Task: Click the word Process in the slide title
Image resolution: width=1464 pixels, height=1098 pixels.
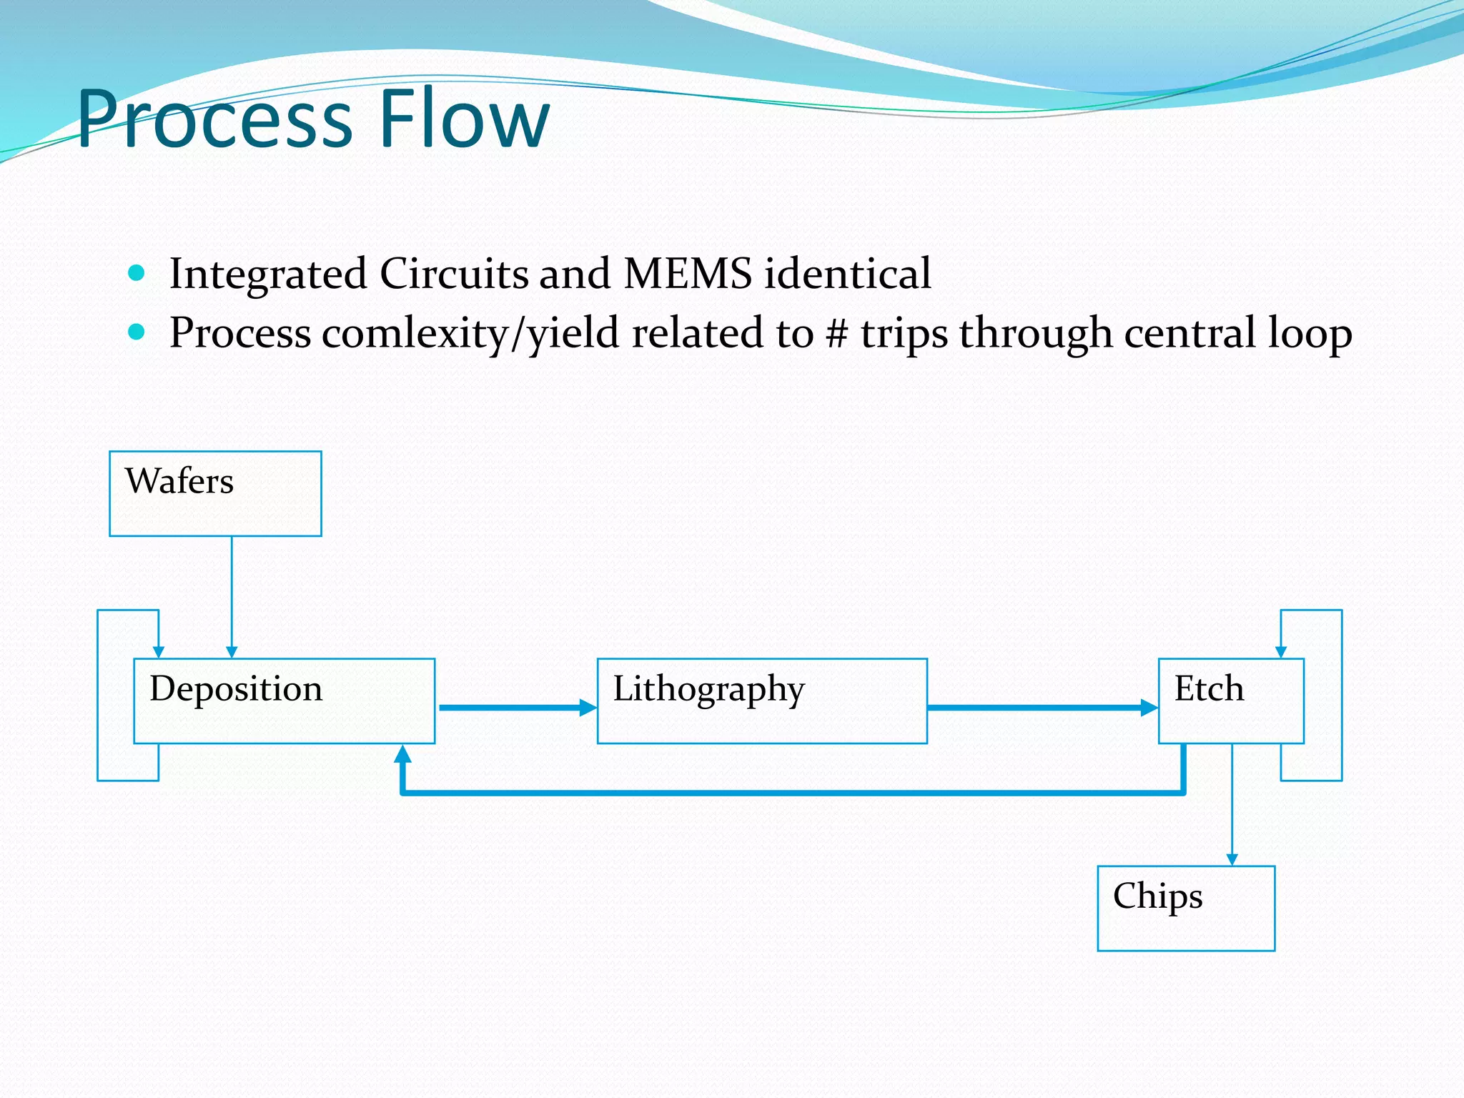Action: (214, 120)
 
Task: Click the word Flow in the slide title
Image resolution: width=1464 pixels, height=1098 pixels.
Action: (464, 119)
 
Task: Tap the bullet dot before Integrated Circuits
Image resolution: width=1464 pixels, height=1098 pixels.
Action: (137, 273)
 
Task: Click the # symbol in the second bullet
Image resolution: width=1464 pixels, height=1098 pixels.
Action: (836, 333)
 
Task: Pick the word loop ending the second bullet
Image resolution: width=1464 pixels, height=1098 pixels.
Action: (1310, 333)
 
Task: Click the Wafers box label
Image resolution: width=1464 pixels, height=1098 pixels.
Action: (179, 481)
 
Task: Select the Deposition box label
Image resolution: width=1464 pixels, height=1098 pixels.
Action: (236, 688)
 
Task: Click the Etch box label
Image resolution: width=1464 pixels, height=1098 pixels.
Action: (1209, 688)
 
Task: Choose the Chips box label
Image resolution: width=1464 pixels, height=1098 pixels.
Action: (1157, 896)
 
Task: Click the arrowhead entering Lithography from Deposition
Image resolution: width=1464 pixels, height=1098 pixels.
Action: (589, 708)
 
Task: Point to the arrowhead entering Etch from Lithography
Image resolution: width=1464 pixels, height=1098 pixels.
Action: (1149, 708)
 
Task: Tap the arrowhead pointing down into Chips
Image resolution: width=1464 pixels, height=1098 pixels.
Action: (1232, 859)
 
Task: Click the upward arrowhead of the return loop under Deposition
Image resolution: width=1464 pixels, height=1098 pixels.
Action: (403, 753)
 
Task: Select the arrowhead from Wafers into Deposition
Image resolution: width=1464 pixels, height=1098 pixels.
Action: (232, 652)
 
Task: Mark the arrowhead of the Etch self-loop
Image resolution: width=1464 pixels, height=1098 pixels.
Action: (1281, 652)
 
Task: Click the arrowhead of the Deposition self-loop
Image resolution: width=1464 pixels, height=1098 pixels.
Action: (159, 652)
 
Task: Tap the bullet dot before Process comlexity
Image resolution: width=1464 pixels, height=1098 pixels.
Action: (137, 332)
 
